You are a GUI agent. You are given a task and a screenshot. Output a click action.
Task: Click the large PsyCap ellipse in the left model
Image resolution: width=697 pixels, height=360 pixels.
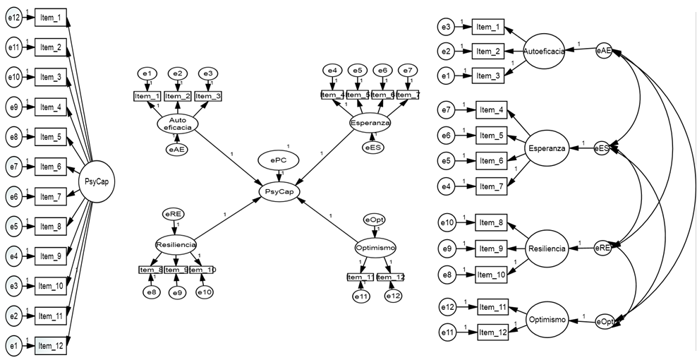97,182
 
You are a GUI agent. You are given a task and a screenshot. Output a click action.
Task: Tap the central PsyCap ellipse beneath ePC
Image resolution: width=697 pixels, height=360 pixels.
279,191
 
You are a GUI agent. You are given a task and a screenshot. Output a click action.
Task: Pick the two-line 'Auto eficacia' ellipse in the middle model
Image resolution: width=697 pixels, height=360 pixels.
176,124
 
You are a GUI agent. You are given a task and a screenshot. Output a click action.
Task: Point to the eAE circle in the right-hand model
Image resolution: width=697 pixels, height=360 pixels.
603,51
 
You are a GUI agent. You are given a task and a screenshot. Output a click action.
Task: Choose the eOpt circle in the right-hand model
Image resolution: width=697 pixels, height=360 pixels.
605,321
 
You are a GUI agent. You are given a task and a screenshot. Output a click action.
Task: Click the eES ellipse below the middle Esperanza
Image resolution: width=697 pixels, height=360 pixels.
372,148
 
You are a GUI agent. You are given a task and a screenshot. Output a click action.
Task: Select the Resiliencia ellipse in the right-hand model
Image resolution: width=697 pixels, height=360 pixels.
547,248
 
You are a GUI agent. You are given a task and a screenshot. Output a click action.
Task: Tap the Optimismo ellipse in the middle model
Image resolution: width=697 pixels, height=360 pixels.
375,248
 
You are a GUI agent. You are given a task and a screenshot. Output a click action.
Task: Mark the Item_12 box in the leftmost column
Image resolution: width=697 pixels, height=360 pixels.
50,345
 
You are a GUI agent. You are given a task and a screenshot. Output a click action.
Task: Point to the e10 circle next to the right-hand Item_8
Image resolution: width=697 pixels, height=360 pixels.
447,224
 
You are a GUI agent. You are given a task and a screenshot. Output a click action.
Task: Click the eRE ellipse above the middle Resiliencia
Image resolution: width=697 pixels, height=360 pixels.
174,212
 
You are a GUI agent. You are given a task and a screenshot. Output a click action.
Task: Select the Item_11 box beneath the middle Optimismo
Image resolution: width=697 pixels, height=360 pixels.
360,277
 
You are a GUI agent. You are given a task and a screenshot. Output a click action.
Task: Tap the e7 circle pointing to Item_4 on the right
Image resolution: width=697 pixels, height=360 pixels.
445,110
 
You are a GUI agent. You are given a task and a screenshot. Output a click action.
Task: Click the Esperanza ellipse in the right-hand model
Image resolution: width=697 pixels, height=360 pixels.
546,148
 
